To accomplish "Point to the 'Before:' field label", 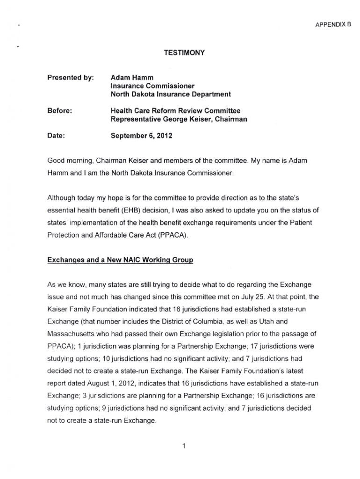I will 59,111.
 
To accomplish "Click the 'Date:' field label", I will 56,136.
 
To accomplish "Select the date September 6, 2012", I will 142,136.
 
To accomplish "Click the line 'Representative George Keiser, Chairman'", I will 179,119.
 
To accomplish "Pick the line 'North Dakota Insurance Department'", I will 171,94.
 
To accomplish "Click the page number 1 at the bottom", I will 185,445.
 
